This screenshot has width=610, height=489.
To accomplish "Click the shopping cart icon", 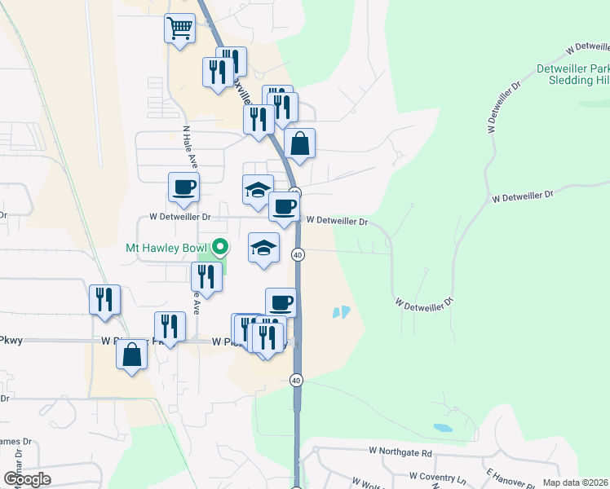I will pyautogui.click(x=179, y=29).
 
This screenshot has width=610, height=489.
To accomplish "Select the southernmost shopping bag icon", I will pyautogui.click(x=131, y=355).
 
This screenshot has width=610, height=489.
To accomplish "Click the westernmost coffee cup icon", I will pyautogui.click(x=183, y=187).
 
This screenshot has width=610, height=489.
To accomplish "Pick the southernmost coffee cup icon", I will pyautogui.click(x=281, y=303).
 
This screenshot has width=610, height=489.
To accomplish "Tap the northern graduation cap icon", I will pyautogui.click(x=258, y=191).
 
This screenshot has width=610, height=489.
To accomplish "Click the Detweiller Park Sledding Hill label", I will pyautogui.click(x=573, y=76).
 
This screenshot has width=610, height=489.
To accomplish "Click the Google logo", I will pyautogui.click(x=27, y=479).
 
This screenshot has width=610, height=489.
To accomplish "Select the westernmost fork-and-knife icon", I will pyautogui.click(x=105, y=299).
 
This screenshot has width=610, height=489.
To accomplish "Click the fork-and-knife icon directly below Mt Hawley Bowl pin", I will pyautogui.click(x=206, y=276).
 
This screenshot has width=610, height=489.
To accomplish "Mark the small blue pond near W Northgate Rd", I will pyautogui.click(x=442, y=427).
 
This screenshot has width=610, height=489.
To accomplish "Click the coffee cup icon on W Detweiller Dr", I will pyautogui.click(x=284, y=207).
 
